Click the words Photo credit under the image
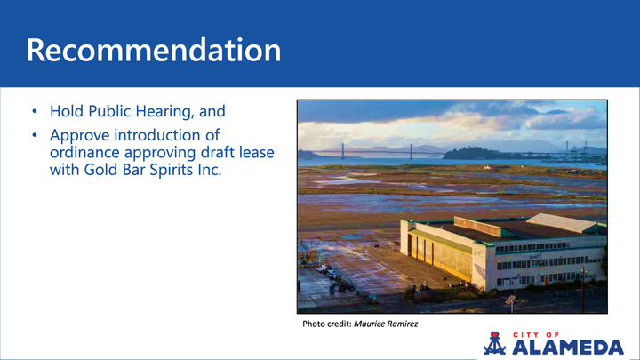pyautogui.click(x=326, y=324)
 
